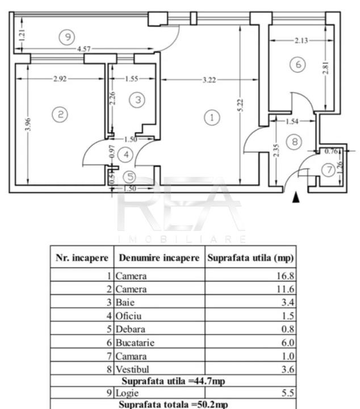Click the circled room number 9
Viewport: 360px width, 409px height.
pyautogui.click(x=67, y=37)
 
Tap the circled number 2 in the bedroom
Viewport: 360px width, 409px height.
pyautogui.click(x=60, y=114)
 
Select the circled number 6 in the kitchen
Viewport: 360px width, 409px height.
pyautogui.click(x=298, y=64)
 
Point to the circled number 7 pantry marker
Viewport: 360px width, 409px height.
pyautogui.click(x=329, y=170)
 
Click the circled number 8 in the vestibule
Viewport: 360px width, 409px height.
pyautogui.click(x=294, y=141)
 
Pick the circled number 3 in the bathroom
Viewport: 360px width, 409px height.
pyautogui.click(x=137, y=99)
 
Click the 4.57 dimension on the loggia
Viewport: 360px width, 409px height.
pyautogui.click(x=83, y=49)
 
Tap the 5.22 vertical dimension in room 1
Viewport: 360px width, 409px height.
pyautogui.click(x=241, y=105)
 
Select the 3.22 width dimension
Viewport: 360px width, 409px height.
pyautogui.click(x=210, y=80)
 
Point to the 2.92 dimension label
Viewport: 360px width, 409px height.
pyautogui.click(x=60, y=79)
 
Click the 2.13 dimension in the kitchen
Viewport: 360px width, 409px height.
pyautogui.click(x=301, y=40)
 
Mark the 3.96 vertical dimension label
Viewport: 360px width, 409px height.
pyautogui.click(x=28, y=124)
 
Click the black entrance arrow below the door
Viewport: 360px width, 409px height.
pyautogui.click(x=296, y=197)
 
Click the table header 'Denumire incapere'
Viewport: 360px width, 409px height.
pyautogui.click(x=159, y=258)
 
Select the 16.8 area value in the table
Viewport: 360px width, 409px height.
pyautogui.click(x=286, y=276)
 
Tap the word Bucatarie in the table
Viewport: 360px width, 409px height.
pyautogui.click(x=135, y=343)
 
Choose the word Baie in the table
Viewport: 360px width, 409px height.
pyautogui.click(x=125, y=303)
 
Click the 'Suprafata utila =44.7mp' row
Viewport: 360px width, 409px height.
pyautogui.click(x=173, y=381)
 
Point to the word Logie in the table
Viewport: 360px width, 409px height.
pyautogui.click(x=127, y=393)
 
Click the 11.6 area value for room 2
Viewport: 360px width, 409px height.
pyautogui.click(x=286, y=289)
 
